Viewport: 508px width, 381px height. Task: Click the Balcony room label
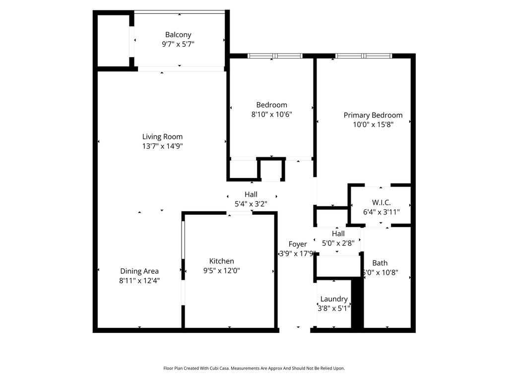tap(178, 35)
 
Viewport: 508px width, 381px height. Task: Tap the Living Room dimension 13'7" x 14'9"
tap(162, 146)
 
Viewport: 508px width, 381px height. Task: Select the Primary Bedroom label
tap(373, 115)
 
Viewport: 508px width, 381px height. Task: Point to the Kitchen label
tap(221, 261)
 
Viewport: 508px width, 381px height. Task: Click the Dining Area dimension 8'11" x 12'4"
tap(139, 280)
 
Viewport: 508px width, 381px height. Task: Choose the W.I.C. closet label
tap(381, 202)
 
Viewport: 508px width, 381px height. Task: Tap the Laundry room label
tap(334, 299)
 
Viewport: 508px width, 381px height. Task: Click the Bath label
tap(380, 263)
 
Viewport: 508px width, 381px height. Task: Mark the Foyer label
tap(298, 244)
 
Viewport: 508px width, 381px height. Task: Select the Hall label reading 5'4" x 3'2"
tap(251, 194)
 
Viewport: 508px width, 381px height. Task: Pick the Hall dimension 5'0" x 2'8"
tap(338, 243)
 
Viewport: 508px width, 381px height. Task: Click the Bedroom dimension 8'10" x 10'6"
tap(271, 114)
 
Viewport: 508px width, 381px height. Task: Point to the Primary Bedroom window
tap(364, 56)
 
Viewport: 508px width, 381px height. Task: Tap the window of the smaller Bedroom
tap(275, 56)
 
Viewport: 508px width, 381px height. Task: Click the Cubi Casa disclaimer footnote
tap(254, 368)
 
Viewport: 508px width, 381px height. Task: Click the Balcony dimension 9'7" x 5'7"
tap(178, 44)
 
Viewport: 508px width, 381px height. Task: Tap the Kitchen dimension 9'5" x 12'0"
tap(221, 270)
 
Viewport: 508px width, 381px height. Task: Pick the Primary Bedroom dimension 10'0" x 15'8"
tap(373, 125)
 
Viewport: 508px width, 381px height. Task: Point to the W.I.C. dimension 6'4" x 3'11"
tap(381, 212)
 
